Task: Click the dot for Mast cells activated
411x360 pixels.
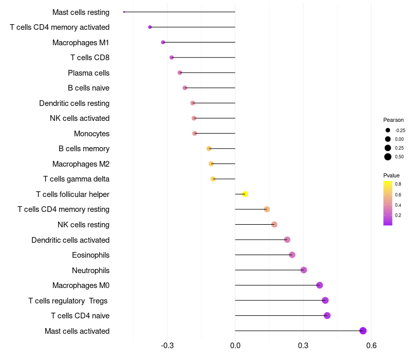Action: point(363,331)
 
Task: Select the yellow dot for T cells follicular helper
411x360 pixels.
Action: point(245,194)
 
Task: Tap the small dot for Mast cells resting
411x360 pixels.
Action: point(124,12)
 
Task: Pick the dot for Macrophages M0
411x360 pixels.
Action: point(320,285)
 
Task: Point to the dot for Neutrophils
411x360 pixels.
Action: point(304,269)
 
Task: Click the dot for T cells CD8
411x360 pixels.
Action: point(172,58)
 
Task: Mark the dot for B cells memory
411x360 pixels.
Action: point(209,149)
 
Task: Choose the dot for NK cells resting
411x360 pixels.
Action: point(274,224)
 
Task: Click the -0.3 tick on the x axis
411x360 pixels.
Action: point(167,345)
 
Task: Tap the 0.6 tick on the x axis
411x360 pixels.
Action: point(371,345)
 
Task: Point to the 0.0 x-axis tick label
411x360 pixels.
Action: point(235,345)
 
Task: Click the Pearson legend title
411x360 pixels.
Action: point(393,120)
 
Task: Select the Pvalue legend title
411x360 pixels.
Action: point(391,175)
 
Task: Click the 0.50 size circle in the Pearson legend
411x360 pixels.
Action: point(388,157)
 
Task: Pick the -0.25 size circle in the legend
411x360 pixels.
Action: point(388,130)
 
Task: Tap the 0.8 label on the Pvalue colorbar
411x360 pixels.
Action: point(398,184)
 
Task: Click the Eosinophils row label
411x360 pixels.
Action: point(91,255)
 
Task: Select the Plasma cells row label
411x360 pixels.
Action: point(88,73)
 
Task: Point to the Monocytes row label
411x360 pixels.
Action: point(92,134)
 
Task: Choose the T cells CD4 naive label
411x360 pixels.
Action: point(80,316)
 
